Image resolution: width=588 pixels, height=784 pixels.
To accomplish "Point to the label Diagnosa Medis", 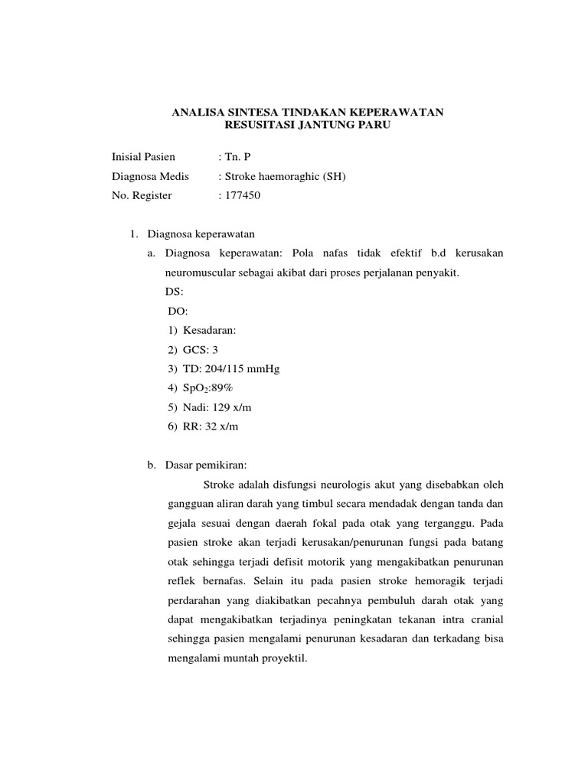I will (x=150, y=176).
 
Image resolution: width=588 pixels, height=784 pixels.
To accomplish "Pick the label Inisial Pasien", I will (x=143, y=157).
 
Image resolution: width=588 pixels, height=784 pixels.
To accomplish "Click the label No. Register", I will (x=142, y=195).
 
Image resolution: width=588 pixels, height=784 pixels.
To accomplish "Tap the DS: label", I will (x=175, y=292).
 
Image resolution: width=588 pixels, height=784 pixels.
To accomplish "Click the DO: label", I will (x=177, y=312).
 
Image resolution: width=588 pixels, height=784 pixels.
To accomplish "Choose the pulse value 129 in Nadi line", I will (x=223, y=407).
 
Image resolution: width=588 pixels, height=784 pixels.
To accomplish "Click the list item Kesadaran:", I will (x=210, y=331).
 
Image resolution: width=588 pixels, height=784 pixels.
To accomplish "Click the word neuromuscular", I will (x=202, y=273).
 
